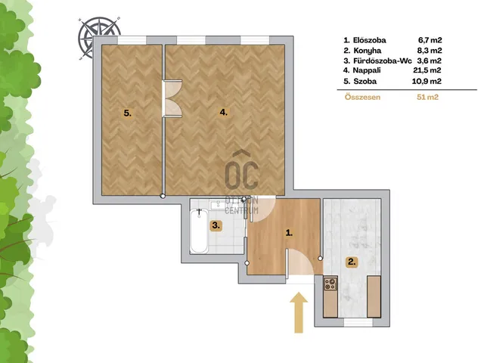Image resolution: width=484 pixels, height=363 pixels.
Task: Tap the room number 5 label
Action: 128,113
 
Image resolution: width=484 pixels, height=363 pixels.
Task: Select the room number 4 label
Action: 224,113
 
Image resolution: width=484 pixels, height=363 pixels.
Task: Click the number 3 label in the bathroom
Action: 216,225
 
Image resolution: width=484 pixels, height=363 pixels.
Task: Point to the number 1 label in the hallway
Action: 289,233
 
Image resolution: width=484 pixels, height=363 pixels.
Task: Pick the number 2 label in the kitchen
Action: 352,262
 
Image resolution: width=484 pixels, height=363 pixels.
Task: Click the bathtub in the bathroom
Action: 199,231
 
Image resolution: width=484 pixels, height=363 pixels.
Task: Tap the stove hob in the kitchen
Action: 330,284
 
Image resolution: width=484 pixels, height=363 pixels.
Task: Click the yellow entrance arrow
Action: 299,312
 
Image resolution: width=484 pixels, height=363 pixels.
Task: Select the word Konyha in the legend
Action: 368,51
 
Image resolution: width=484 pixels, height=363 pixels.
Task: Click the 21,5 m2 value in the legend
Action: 427,70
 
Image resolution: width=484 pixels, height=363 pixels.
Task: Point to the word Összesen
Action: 362,98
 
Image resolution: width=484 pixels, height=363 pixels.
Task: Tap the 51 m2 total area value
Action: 427,98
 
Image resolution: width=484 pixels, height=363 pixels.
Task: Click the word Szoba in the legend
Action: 365,81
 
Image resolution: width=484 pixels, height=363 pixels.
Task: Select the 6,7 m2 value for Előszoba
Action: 430,40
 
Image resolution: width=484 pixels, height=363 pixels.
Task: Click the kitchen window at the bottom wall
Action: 354,322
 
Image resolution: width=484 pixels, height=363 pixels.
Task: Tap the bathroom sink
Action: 219,204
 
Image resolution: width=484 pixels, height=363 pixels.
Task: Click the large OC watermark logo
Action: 241,171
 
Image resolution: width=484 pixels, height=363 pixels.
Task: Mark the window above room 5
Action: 132,40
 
